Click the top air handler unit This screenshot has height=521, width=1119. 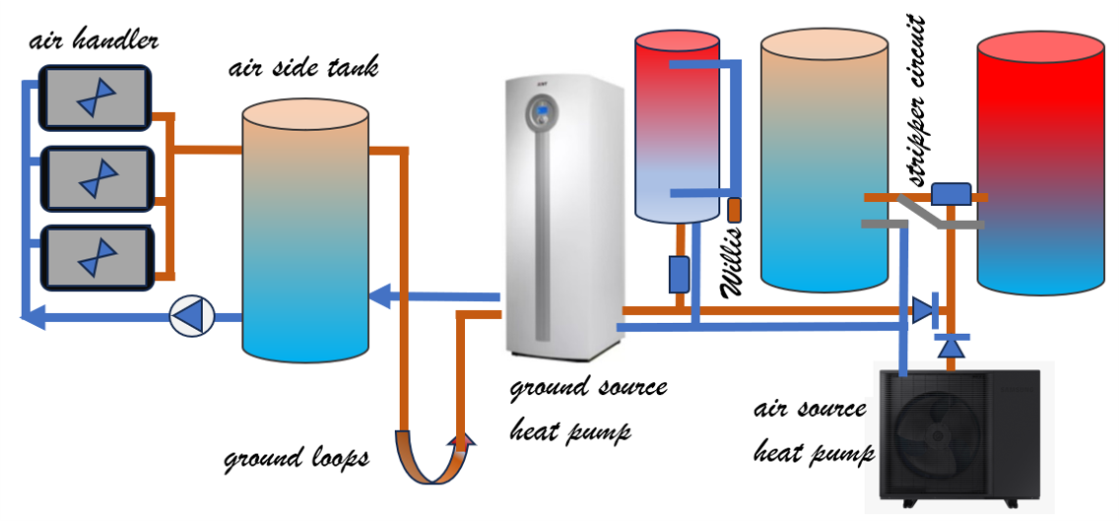click(95, 97)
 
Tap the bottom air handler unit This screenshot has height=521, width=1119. click(96, 257)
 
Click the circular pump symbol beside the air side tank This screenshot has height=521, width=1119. click(191, 317)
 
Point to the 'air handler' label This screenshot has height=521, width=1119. click(94, 41)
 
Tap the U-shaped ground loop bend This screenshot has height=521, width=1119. click(430, 463)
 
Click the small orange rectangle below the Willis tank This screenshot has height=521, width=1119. click(734, 210)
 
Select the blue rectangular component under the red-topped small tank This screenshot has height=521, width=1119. click(679, 274)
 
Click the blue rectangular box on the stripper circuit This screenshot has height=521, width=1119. click(951, 193)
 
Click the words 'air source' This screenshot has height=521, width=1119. click(810, 410)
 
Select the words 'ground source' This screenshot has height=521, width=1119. click(588, 387)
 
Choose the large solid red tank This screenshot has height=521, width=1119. click(1040, 163)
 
